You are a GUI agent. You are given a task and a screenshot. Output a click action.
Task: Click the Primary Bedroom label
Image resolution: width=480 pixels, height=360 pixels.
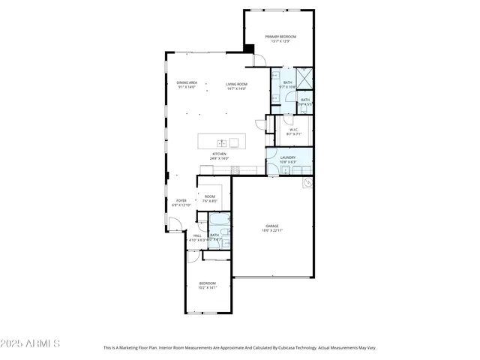click(281, 37)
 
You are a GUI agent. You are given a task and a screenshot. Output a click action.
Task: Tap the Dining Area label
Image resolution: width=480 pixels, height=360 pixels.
click(187, 82)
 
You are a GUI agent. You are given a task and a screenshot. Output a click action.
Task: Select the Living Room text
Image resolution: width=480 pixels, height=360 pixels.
click(236, 83)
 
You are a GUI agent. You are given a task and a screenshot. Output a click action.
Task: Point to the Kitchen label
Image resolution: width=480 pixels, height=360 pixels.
click(218, 154)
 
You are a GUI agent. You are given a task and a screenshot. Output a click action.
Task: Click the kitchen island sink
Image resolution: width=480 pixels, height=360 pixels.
click(223, 142)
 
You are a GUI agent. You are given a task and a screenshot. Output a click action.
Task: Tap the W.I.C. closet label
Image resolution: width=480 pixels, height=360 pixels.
click(294, 130)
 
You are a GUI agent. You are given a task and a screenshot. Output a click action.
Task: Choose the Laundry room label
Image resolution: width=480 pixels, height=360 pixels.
click(288, 157)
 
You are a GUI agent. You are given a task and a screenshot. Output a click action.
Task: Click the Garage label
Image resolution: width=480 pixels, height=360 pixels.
click(271, 226)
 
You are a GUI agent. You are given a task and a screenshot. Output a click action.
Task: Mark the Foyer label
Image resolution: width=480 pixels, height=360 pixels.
click(181, 200)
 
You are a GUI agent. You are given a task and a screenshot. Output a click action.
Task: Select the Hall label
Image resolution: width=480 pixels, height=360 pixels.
click(197, 235)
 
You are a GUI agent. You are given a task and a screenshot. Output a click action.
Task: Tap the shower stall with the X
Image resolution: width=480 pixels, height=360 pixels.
click(304, 77)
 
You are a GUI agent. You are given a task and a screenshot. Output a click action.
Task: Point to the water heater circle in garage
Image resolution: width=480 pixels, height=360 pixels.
click(307, 182)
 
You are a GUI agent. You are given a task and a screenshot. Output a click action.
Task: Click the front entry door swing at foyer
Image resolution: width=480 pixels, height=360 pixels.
click(173, 223)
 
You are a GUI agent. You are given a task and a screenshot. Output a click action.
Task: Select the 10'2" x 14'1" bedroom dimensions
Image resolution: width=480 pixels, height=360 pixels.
click(207, 287)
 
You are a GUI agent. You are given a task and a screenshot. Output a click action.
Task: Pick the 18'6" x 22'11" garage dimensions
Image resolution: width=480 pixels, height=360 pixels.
click(271, 231)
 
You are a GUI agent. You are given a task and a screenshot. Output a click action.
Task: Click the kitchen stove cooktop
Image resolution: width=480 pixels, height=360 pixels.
click(235, 169)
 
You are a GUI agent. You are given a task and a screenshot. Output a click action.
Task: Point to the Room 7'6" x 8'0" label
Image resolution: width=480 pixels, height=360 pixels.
click(210, 198)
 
